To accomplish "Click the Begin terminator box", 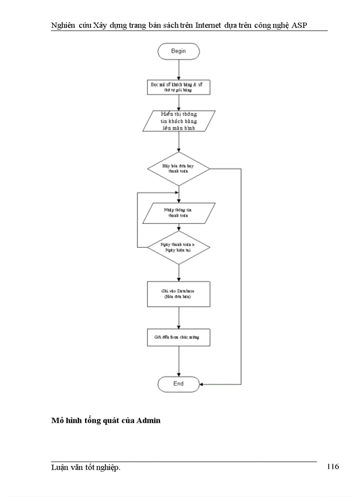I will pyautogui.click(x=178, y=51).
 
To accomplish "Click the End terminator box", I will pyautogui.click(x=178, y=384).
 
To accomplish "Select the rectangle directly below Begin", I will pyautogui.click(x=178, y=87).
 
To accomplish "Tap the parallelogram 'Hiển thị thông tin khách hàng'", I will pyautogui.click(x=179, y=120).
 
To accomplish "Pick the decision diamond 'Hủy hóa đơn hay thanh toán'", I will pyautogui.click(x=178, y=169).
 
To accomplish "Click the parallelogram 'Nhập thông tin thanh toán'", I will pyautogui.click(x=178, y=212).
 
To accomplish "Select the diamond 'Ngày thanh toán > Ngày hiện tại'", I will pyautogui.click(x=178, y=247).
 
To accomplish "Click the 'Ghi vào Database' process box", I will pyautogui.click(x=178, y=294).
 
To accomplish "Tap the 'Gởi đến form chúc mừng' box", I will pyautogui.click(x=178, y=337).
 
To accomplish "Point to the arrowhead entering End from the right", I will pyautogui.click(x=202, y=384).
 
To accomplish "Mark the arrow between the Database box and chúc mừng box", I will pyautogui.click(x=178, y=317).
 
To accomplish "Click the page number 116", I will pyautogui.click(x=333, y=466).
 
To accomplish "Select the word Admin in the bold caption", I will pyautogui.click(x=148, y=420).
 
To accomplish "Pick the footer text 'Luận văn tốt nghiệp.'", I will pyautogui.click(x=86, y=467).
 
